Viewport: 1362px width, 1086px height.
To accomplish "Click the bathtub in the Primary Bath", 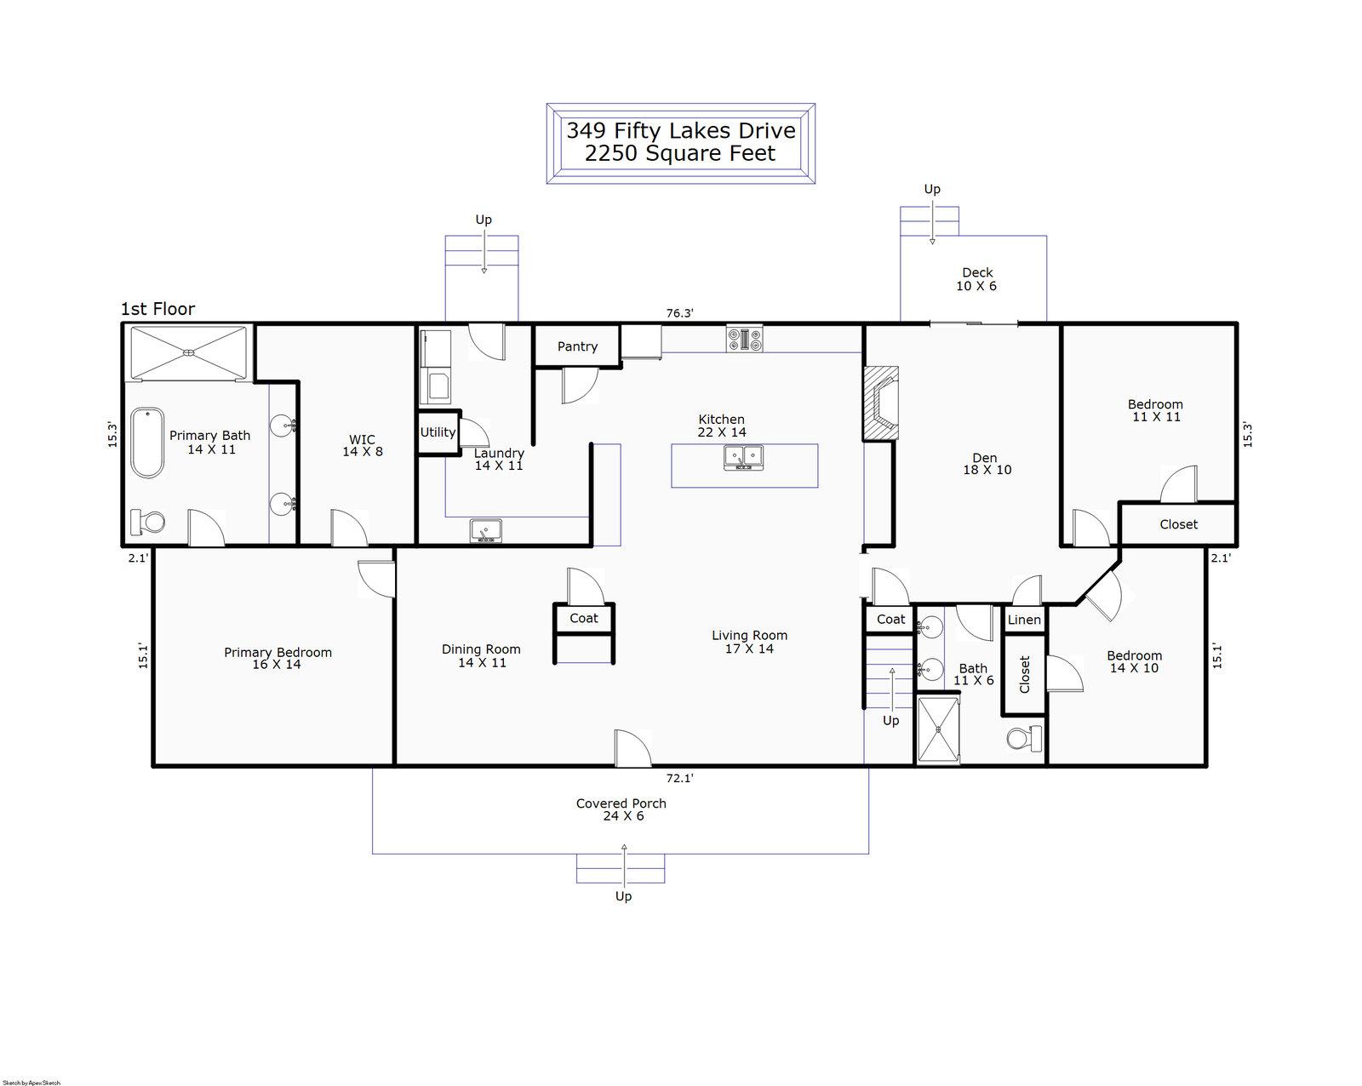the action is [x=147, y=443].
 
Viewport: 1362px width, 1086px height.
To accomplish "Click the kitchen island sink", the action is [x=743, y=458].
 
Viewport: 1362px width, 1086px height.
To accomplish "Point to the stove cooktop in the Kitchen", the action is [x=744, y=340].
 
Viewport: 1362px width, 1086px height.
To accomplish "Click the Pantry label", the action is [x=577, y=346].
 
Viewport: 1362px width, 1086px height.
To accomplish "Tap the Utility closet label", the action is [x=438, y=432].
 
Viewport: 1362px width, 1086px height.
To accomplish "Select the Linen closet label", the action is [x=1024, y=620].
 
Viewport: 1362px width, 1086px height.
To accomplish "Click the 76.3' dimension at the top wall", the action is [x=679, y=313].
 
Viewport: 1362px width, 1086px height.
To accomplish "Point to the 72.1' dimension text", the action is [x=679, y=778].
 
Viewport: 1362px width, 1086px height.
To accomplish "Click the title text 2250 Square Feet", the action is [x=680, y=154].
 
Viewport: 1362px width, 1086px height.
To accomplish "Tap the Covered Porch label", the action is [x=621, y=803].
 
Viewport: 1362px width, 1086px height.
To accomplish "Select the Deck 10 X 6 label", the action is [x=976, y=279].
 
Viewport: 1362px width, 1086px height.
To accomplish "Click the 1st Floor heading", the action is [x=157, y=309].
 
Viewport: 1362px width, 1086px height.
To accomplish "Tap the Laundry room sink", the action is [x=485, y=531].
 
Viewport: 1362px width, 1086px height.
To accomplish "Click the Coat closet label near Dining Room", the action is [x=584, y=618].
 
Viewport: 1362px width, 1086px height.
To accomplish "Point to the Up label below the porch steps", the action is [x=623, y=896].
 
